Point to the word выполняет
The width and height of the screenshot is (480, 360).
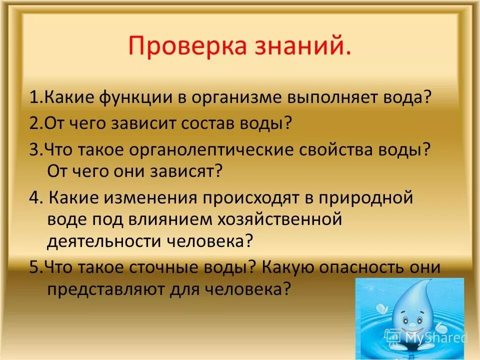tap(339, 97)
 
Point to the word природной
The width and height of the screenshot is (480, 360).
tap(365, 198)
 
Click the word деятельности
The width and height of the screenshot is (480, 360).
tap(100, 241)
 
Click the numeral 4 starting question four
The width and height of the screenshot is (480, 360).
tap(33, 198)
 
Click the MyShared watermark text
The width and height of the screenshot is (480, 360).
tap(435, 338)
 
